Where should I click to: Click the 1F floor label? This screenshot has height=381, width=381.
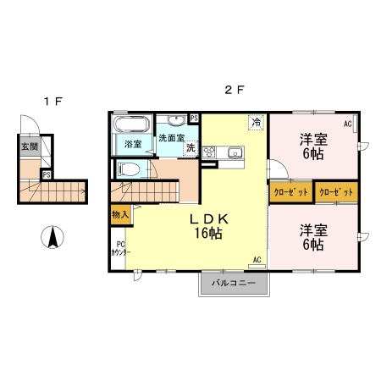point(53,102)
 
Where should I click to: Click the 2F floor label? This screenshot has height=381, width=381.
point(235,89)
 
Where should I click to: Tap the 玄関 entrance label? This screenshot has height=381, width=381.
point(30,146)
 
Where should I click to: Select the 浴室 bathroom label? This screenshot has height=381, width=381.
point(133,144)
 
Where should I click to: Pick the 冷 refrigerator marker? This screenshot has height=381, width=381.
point(255,122)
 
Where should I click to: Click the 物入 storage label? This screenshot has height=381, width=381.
point(119,215)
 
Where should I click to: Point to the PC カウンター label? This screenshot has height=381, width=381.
point(119,249)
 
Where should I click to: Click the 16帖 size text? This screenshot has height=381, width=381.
point(209,234)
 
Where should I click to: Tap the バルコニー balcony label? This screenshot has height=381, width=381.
point(233,282)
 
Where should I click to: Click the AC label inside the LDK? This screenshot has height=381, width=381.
point(256,260)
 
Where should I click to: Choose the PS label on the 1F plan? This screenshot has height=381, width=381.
point(47,174)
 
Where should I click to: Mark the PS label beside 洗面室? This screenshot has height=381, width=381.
point(194,119)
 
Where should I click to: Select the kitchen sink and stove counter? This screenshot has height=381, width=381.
point(223,152)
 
